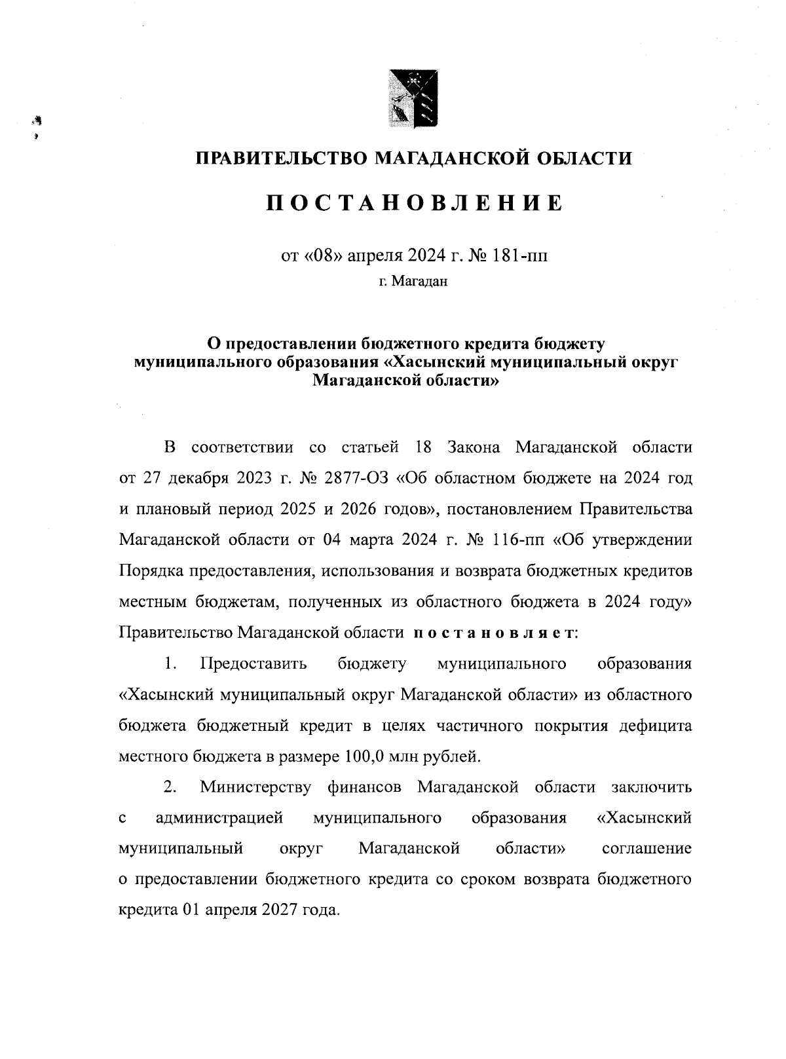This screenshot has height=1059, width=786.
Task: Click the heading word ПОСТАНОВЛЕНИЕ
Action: click(x=414, y=203)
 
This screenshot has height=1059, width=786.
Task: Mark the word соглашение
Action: click(x=646, y=849)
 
